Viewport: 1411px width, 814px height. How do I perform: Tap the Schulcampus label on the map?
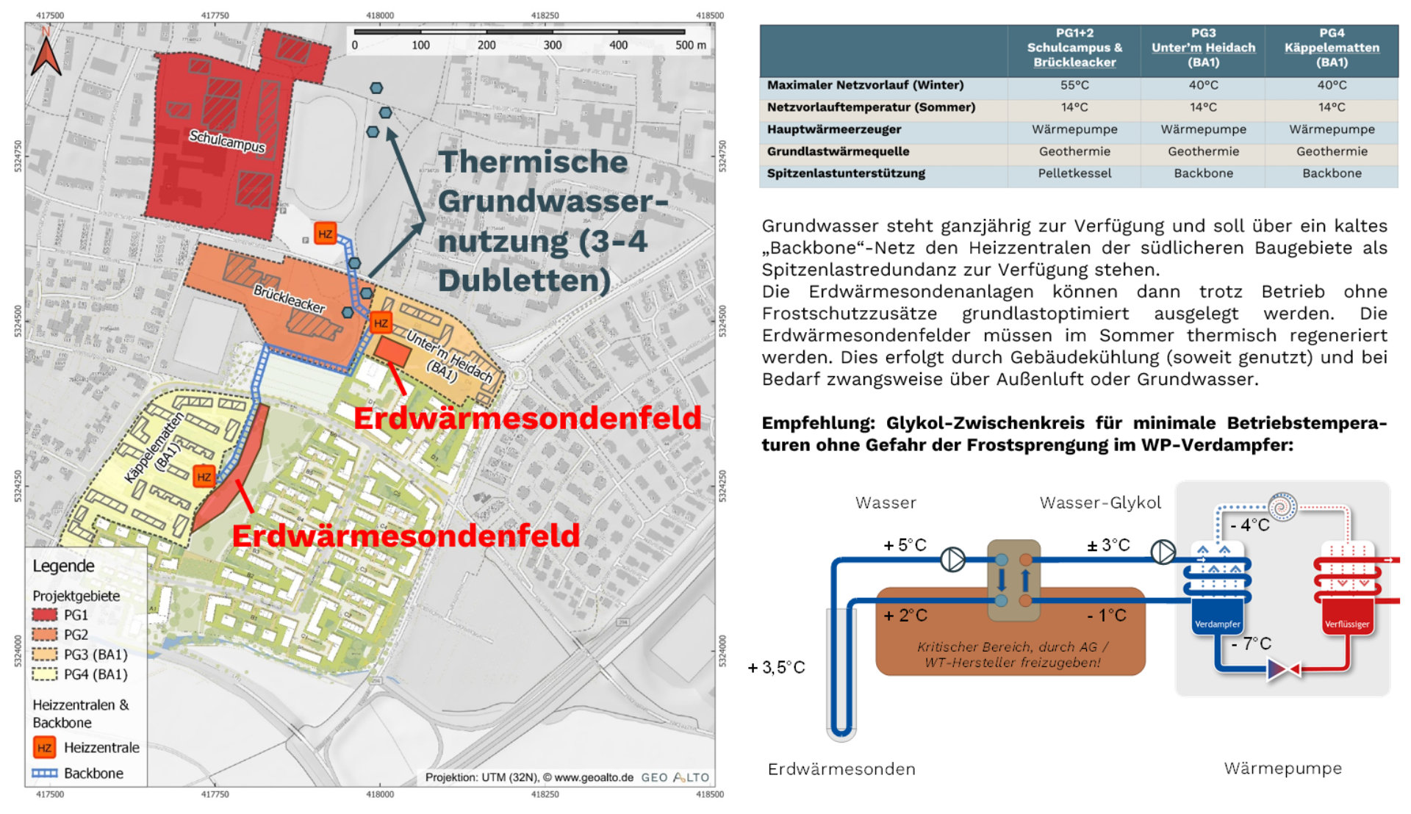click(226, 140)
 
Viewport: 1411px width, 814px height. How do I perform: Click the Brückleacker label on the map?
click(289, 298)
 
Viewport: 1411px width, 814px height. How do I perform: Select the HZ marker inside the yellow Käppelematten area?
click(204, 477)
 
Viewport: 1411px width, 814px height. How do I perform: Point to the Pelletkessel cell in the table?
click(1074, 173)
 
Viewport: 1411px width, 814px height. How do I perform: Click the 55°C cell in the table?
click(1074, 85)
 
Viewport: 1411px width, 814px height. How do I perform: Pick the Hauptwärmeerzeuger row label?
click(833, 129)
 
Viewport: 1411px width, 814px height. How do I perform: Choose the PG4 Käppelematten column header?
click(1331, 48)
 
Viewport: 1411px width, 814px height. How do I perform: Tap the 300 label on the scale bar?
click(552, 45)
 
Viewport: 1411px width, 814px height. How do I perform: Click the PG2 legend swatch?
click(45, 635)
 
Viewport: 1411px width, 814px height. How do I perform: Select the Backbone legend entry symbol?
click(45, 773)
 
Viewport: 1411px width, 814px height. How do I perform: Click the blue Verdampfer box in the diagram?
click(1217, 616)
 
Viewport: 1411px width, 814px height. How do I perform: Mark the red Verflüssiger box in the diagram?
click(1346, 616)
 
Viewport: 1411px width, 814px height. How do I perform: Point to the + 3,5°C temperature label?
click(776, 668)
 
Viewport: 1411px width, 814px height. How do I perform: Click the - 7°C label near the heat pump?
click(1251, 644)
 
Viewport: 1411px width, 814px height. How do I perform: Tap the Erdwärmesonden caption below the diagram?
click(841, 769)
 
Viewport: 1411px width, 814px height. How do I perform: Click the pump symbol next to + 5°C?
click(952, 560)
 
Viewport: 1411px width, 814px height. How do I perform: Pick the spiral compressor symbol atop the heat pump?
click(1282, 507)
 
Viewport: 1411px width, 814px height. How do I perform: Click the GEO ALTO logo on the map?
click(675, 777)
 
